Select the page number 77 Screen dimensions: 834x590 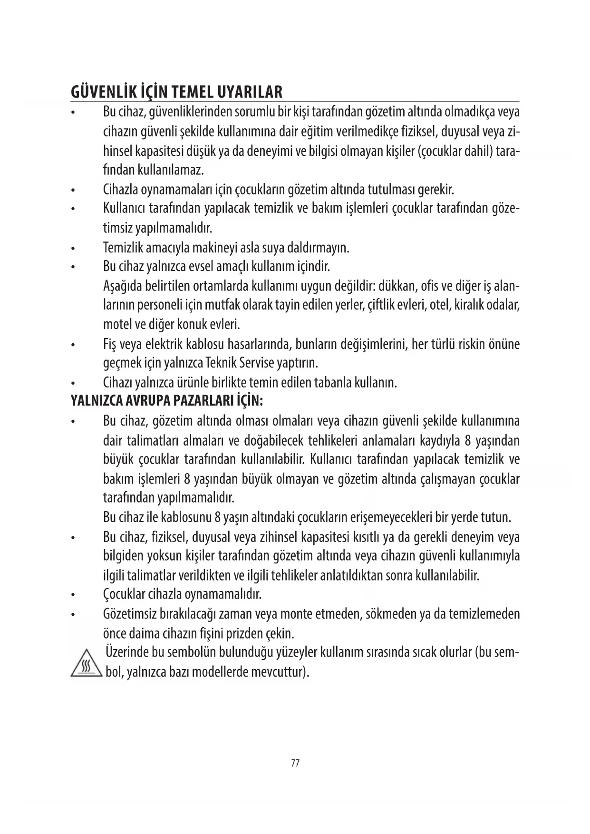click(295, 763)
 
